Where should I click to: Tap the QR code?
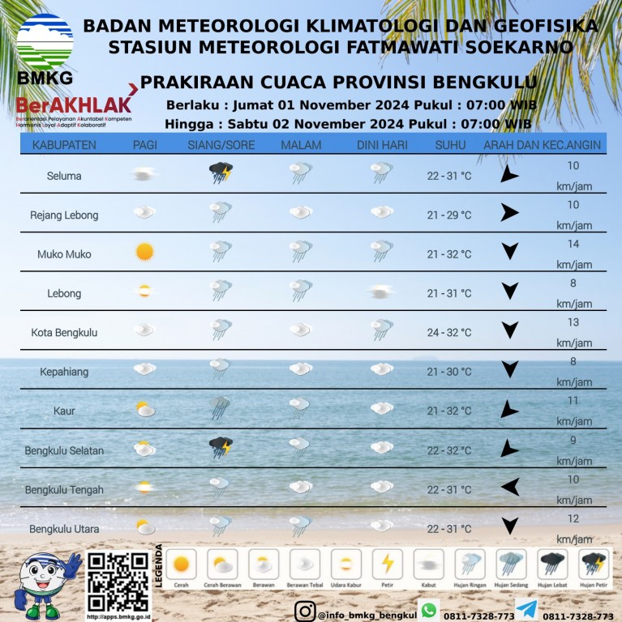pyautogui.click(x=118, y=581)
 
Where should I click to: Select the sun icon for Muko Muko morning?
pyautogui.click(x=144, y=252)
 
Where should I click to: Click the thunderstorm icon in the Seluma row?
pyautogui.click(x=221, y=173)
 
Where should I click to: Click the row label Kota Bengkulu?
pyautogui.click(x=64, y=333)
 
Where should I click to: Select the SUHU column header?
pyautogui.click(x=450, y=145)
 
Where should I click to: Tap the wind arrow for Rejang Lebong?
pyautogui.click(x=509, y=213)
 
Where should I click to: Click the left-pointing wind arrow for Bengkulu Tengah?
pyautogui.click(x=509, y=487)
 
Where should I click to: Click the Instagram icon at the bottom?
pyautogui.click(x=305, y=611)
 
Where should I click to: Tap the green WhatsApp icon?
pyautogui.click(x=428, y=610)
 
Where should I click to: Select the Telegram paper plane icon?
pyautogui.click(x=525, y=610)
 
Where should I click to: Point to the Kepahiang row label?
pyautogui.click(x=64, y=372)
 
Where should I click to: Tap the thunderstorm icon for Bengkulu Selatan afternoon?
pyautogui.click(x=221, y=447)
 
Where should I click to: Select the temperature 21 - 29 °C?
pyautogui.click(x=449, y=215)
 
